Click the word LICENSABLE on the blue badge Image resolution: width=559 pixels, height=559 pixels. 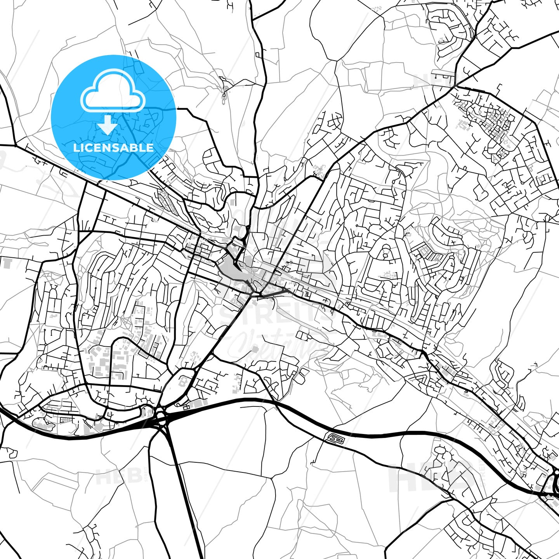113,148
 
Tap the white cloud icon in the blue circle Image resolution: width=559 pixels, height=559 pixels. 113,91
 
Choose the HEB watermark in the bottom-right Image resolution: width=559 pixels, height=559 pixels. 431,477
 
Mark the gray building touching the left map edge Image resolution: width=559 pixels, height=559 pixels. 7,262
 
